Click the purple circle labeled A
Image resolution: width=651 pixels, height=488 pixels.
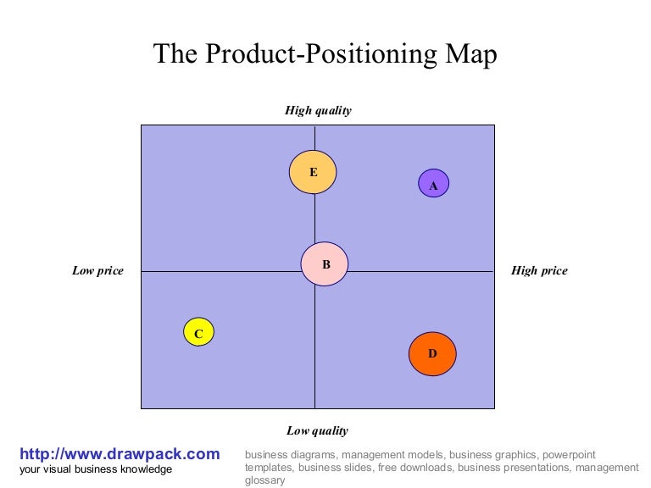click(433, 183)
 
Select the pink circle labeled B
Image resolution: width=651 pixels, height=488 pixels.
click(325, 263)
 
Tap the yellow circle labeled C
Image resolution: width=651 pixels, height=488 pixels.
click(198, 332)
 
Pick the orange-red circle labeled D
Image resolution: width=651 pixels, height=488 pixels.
click(432, 353)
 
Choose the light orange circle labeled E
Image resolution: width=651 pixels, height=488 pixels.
click(313, 172)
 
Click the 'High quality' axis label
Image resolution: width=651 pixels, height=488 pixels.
click(317, 110)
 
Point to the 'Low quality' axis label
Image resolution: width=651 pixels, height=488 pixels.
click(317, 430)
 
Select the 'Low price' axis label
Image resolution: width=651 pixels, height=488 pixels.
click(97, 271)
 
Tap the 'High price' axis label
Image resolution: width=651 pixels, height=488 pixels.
click(539, 271)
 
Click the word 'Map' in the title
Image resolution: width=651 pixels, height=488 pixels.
click(469, 54)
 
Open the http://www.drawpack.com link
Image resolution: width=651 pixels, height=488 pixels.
click(120, 454)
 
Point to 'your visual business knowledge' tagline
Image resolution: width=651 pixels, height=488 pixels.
click(96, 469)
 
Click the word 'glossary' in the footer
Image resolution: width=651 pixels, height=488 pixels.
click(265, 480)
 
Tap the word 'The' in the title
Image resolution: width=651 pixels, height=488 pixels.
click(175, 54)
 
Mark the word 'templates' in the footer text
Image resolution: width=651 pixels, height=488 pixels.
click(269, 468)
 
